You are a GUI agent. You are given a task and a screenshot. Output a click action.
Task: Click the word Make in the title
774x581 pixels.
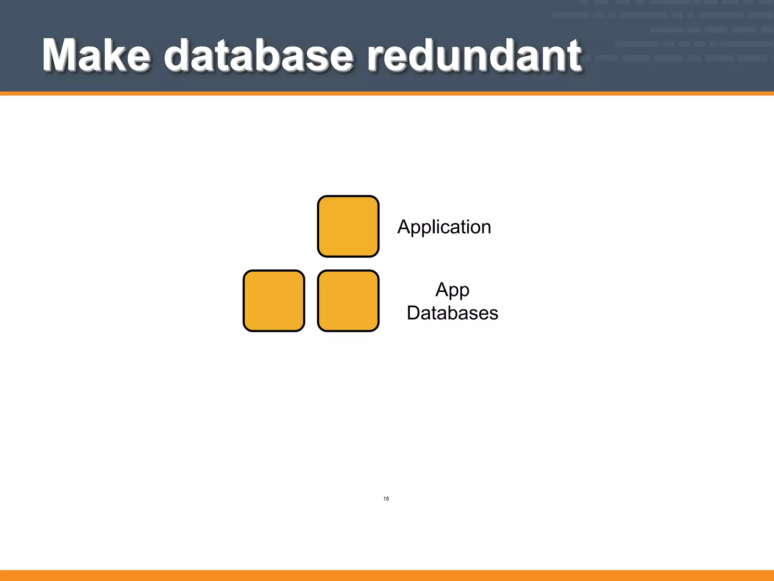[x=96, y=55]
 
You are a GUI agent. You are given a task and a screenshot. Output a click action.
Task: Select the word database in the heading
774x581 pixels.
[x=259, y=55]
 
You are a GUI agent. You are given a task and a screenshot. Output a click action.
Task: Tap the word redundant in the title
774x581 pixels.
[x=474, y=55]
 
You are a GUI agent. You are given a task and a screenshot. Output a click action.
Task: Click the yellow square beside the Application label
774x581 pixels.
[x=348, y=226]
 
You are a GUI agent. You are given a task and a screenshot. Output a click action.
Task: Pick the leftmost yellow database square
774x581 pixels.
[x=274, y=301]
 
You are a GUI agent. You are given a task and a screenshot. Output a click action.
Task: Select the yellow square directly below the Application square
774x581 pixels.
[x=348, y=301]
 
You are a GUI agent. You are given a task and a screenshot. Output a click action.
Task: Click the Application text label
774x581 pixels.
[x=444, y=227]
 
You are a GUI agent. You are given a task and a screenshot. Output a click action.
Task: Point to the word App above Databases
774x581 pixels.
[x=452, y=290]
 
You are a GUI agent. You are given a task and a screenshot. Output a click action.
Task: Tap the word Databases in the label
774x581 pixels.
[x=452, y=313]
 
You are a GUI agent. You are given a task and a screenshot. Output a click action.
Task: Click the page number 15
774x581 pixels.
[x=386, y=499]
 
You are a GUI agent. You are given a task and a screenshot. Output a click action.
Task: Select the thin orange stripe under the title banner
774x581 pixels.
[x=387, y=93]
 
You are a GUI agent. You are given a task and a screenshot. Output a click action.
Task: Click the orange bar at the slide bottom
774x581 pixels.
[x=387, y=575]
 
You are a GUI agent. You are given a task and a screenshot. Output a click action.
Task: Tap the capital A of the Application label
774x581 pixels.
[x=404, y=227]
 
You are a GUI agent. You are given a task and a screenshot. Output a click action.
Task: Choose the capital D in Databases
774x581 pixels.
[x=413, y=313]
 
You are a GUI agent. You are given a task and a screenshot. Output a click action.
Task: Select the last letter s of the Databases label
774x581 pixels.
[x=494, y=314]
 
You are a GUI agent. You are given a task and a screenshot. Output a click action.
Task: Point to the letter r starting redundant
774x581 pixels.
[x=376, y=59]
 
